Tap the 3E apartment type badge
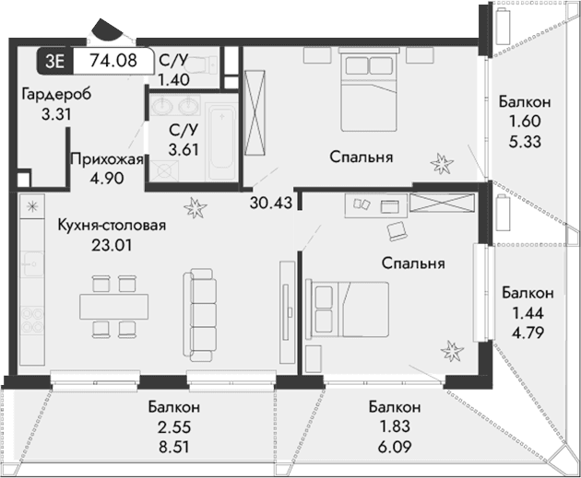(55, 62)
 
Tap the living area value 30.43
(269, 203)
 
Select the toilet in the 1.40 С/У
(211, 64)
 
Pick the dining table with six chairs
(114, 304)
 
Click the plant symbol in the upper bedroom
(443, 164)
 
